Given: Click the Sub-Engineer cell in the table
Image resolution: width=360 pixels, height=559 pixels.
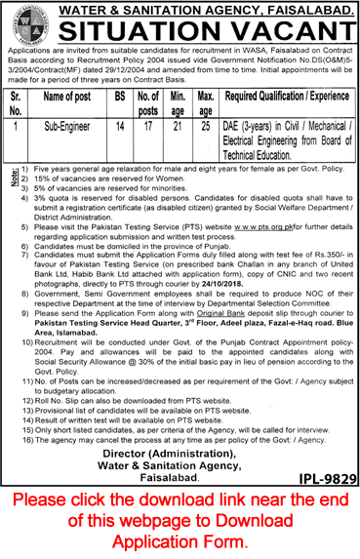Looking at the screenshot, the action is pos(80,127).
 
